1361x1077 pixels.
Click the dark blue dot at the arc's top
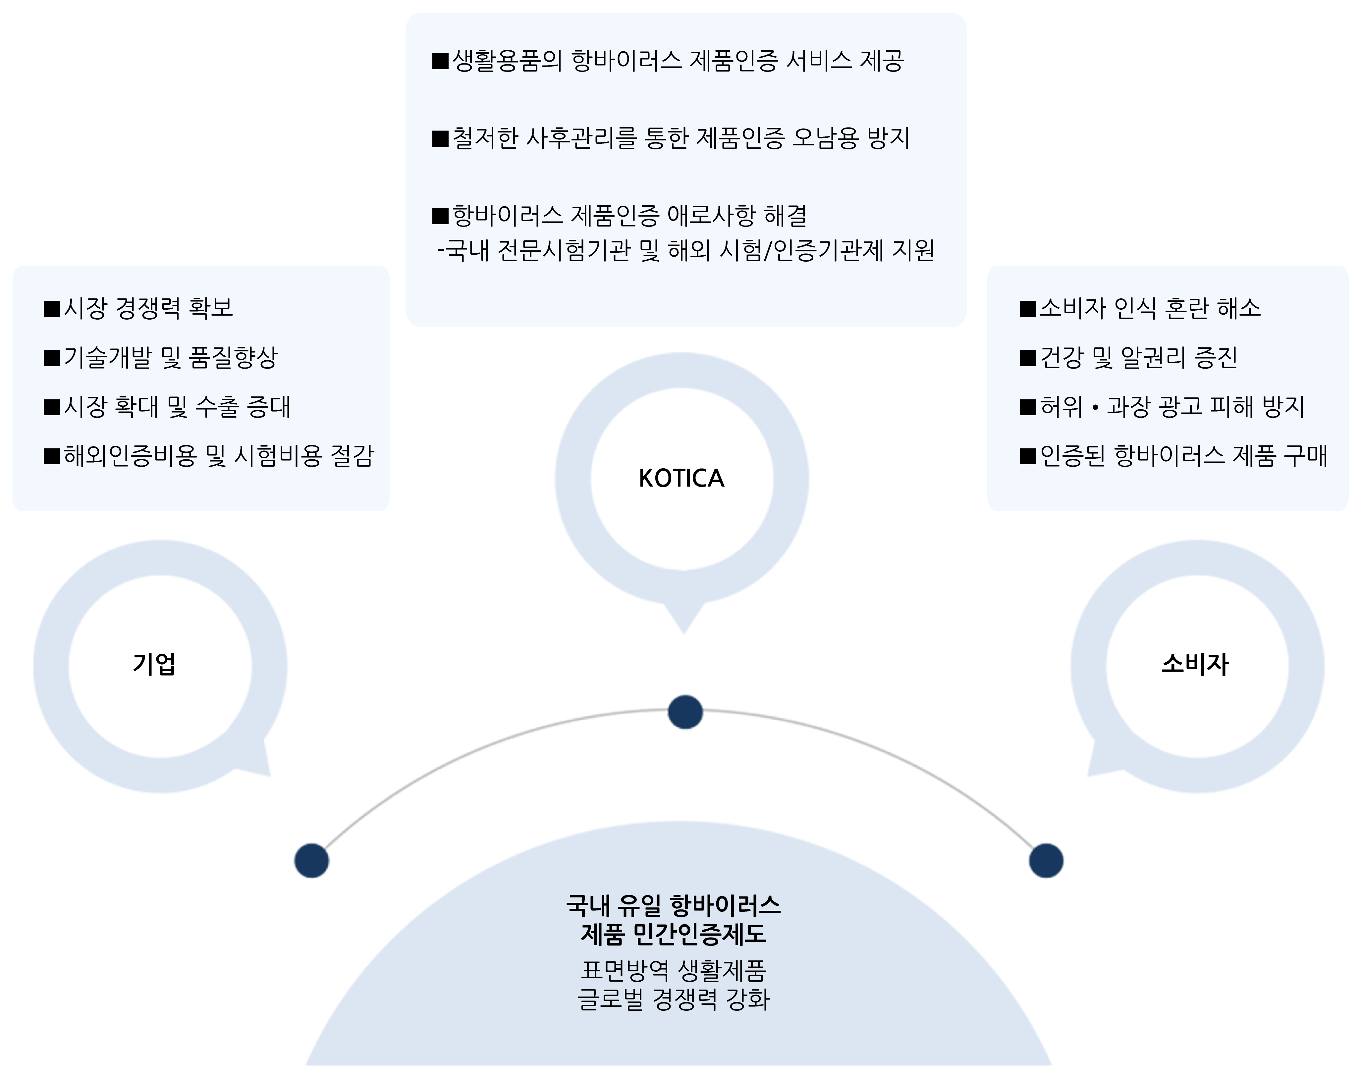685,712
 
